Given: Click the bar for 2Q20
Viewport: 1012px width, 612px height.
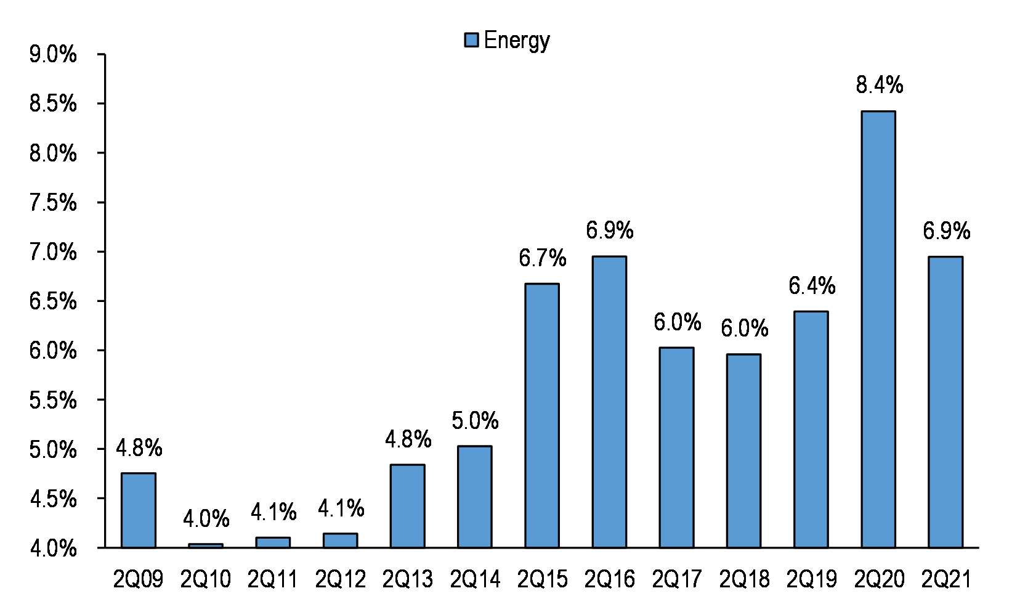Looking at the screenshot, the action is tap(878, 330).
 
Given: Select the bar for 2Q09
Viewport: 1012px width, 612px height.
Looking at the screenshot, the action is tap(139, 511).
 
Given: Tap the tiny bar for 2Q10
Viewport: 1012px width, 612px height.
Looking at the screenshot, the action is tap(206, 546).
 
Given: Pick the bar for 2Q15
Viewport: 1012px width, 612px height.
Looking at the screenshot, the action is tap(541, 416).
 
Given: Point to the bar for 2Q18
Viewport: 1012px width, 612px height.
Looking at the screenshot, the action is tap(743, 451).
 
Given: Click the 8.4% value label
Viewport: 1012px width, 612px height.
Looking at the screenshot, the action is tap(879, 85).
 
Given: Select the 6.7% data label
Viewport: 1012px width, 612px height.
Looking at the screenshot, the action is tap(542, 258).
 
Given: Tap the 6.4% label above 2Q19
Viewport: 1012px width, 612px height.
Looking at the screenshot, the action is tap(812, 285).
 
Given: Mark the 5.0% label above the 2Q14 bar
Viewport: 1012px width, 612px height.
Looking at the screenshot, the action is tap(475, 421).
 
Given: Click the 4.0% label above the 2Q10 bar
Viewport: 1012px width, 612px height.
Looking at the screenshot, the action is tap(206, 518).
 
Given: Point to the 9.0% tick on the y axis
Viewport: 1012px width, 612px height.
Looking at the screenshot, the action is tap(53, 55).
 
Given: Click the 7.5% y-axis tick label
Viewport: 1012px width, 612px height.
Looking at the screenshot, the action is tap(53, 203).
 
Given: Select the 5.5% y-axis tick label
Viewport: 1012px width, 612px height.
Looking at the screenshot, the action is tap(53, 400).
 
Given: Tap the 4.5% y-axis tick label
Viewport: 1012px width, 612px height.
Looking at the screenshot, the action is tap(53, 499).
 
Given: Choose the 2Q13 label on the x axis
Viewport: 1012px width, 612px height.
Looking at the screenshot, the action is tap(408, 579).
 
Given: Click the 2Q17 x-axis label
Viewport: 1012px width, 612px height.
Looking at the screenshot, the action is tap(677, 579).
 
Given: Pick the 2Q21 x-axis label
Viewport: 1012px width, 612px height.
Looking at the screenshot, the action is tap(946, 579).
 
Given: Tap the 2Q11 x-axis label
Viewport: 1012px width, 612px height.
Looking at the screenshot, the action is tap(272, 579).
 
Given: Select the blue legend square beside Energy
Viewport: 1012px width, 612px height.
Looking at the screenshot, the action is tap(471, 40).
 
